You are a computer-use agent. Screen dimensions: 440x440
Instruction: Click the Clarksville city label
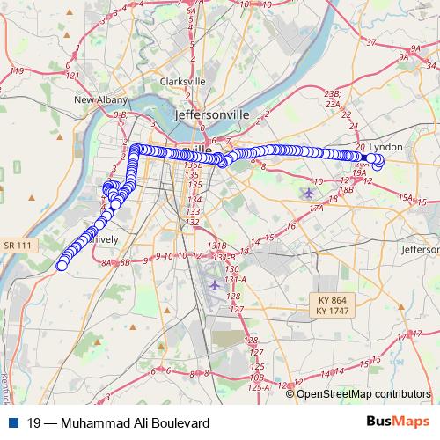click(182, 82)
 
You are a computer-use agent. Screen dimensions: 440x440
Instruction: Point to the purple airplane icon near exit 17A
click(307, 192)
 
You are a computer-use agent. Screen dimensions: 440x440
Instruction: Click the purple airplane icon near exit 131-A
click(215, 285)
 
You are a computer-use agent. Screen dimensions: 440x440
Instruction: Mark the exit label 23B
click(332, 92)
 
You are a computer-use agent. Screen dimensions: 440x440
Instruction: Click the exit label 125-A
click(259, 386)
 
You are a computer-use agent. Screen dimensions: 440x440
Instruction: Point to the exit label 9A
click(403, 55)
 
